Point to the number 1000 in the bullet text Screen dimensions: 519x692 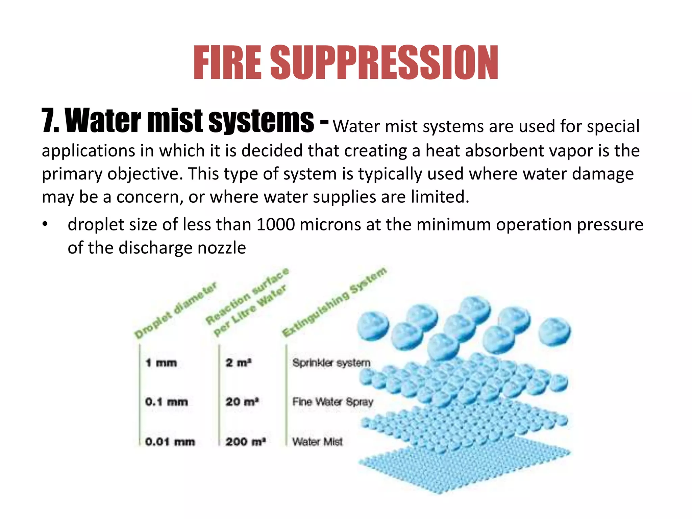[x=275, y=225]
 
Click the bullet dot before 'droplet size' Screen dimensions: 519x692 [x=45, y=224]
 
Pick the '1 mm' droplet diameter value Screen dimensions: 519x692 [x=161, y=363]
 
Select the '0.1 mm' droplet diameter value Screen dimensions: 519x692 [x=166, y=402]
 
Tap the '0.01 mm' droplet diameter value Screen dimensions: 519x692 [x=170, y=442]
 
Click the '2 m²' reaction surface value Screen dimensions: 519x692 [x=239, y=363]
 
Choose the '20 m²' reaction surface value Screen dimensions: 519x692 [x=242, y=402]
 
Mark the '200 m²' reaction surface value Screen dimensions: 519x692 [x=246, y=442]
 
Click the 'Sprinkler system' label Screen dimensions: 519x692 [x=331, y=363]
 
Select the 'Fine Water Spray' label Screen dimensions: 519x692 [x=332, y=402]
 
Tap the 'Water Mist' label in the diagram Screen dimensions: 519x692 [x=317, y=442]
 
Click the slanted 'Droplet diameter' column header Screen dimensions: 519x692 [x=175, y=310]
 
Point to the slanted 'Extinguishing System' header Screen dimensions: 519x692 [x=334, y=302]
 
